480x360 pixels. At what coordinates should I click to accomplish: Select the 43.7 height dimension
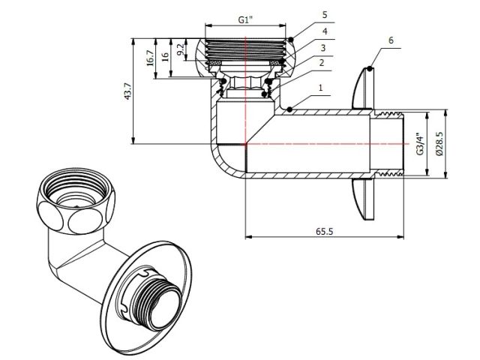pyautogui.click(x=128, y=91)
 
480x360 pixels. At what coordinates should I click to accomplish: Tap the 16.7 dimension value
pyautogui.click(x=150, y=57)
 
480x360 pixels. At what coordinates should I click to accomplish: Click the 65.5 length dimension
pyautogui.click(x=325, y=232)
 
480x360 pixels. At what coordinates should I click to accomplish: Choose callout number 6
pyautogui.click(x=391, y=39)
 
